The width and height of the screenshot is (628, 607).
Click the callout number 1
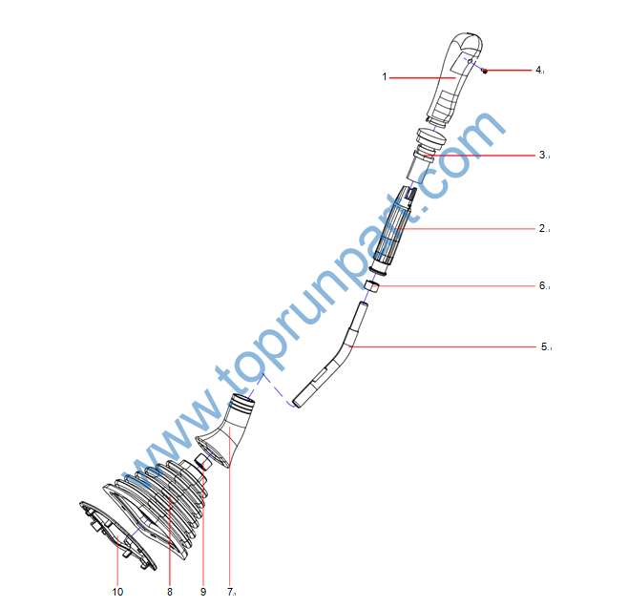[385, 76]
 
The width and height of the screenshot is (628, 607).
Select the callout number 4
[538, 70]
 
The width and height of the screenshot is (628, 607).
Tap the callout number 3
[542, 155]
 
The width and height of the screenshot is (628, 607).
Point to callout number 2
[542, 228]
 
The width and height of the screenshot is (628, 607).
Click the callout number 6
[542, 285]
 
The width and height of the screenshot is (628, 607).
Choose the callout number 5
[544, 346]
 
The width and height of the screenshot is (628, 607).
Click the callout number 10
[117, 592]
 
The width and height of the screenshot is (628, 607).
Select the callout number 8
[170, 592]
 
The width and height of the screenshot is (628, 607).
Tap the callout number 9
[203, 592]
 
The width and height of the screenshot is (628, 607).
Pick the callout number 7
[230, 592]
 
